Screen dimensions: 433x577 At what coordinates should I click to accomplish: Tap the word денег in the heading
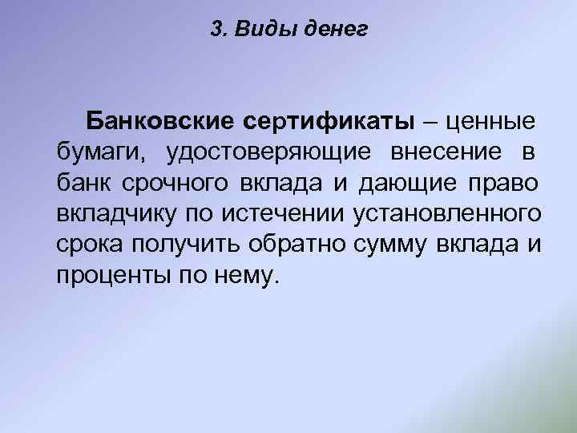coord(335,30)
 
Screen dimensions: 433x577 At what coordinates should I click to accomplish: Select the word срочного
coord(176,184)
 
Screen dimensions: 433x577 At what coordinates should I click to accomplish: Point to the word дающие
coord(407,184)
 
